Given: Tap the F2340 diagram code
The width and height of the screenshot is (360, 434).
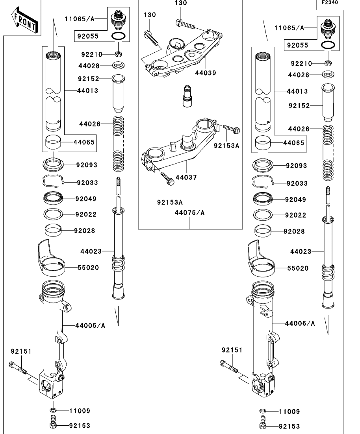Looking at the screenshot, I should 330,2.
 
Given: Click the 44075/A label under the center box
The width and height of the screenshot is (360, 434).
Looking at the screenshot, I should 190,213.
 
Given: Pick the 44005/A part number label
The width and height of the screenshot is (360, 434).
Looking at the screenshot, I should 90,325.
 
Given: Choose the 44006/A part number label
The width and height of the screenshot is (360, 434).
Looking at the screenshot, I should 300,323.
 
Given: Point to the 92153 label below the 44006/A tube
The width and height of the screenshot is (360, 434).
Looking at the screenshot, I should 289,426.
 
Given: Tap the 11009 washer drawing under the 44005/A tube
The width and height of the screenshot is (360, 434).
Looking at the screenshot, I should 53,411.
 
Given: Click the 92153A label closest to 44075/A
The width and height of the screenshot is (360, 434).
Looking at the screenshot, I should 170,202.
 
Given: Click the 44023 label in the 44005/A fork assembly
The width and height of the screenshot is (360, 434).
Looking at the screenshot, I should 91,251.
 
